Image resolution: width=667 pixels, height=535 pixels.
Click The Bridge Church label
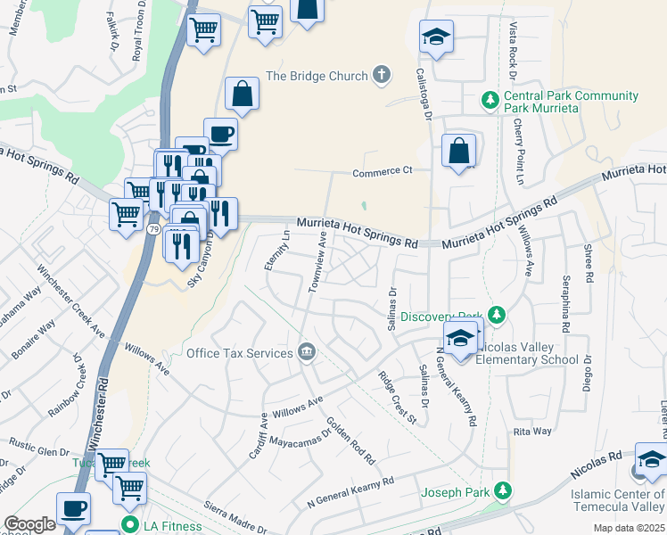(317, 76)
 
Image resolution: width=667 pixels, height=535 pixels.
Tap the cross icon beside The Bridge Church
(382, 75)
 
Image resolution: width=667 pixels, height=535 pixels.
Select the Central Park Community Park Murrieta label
(571, 102)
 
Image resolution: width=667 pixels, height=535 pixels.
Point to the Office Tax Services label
(239, 353)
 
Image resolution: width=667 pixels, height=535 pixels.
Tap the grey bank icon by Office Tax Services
(306, 352)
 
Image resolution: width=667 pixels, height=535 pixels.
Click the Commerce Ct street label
(383, 170)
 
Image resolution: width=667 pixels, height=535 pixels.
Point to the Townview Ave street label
(317, 262)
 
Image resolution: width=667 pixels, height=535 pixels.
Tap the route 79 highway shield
(153, 229)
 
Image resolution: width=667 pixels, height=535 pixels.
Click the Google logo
(29, 524)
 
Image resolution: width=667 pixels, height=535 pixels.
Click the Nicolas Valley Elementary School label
(522, 353)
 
